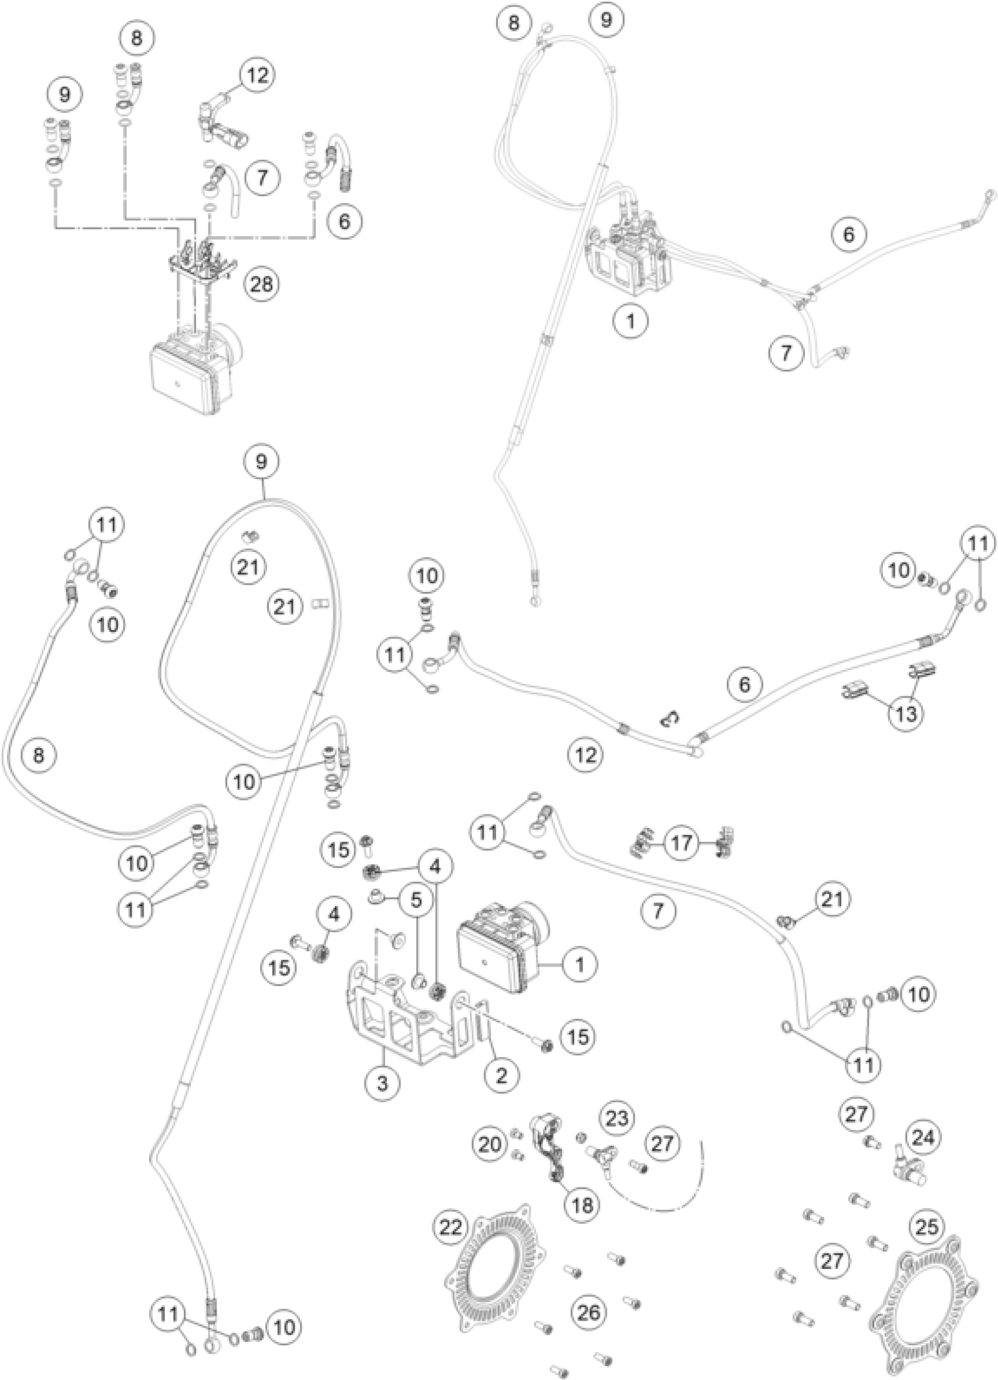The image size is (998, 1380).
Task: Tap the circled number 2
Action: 502,1075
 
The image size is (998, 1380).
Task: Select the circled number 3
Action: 383,1082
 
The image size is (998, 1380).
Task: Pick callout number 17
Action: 681,843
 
